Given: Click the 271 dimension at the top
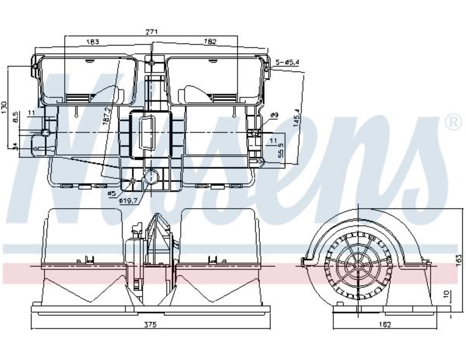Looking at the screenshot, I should tap(151, 32).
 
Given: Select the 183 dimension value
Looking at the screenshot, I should tap(92, 41).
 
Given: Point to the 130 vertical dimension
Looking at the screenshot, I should tap(5, 107).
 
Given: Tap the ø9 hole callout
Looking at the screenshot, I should tap(275, 115).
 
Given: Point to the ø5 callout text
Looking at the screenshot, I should tap(111, 193).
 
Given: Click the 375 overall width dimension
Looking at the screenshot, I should tap(150, 325).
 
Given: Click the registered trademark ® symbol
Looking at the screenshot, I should tap(453, 122).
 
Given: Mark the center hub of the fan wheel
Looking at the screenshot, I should tap(358, 265).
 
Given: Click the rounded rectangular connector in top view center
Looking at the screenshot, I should tap(147, 133).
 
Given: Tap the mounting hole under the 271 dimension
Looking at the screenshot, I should tap(151, 63).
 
